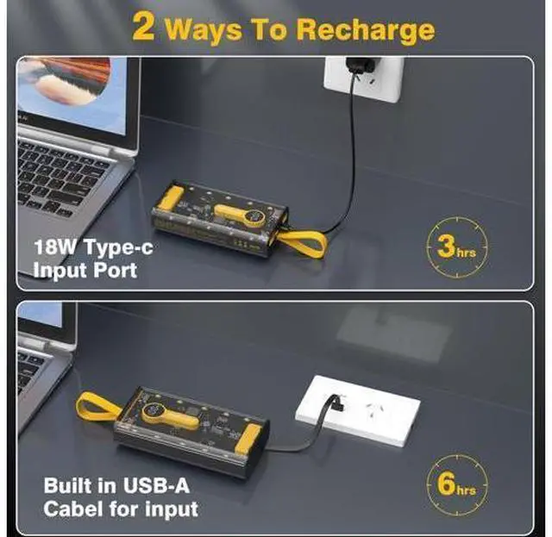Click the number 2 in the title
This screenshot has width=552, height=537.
click(144, 27)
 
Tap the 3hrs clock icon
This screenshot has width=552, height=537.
click(457, 247)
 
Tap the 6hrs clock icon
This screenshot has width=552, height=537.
click(457, 484)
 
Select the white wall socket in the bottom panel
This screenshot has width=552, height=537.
click(358, 410)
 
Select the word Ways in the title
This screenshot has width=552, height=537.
click(203, 31)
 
